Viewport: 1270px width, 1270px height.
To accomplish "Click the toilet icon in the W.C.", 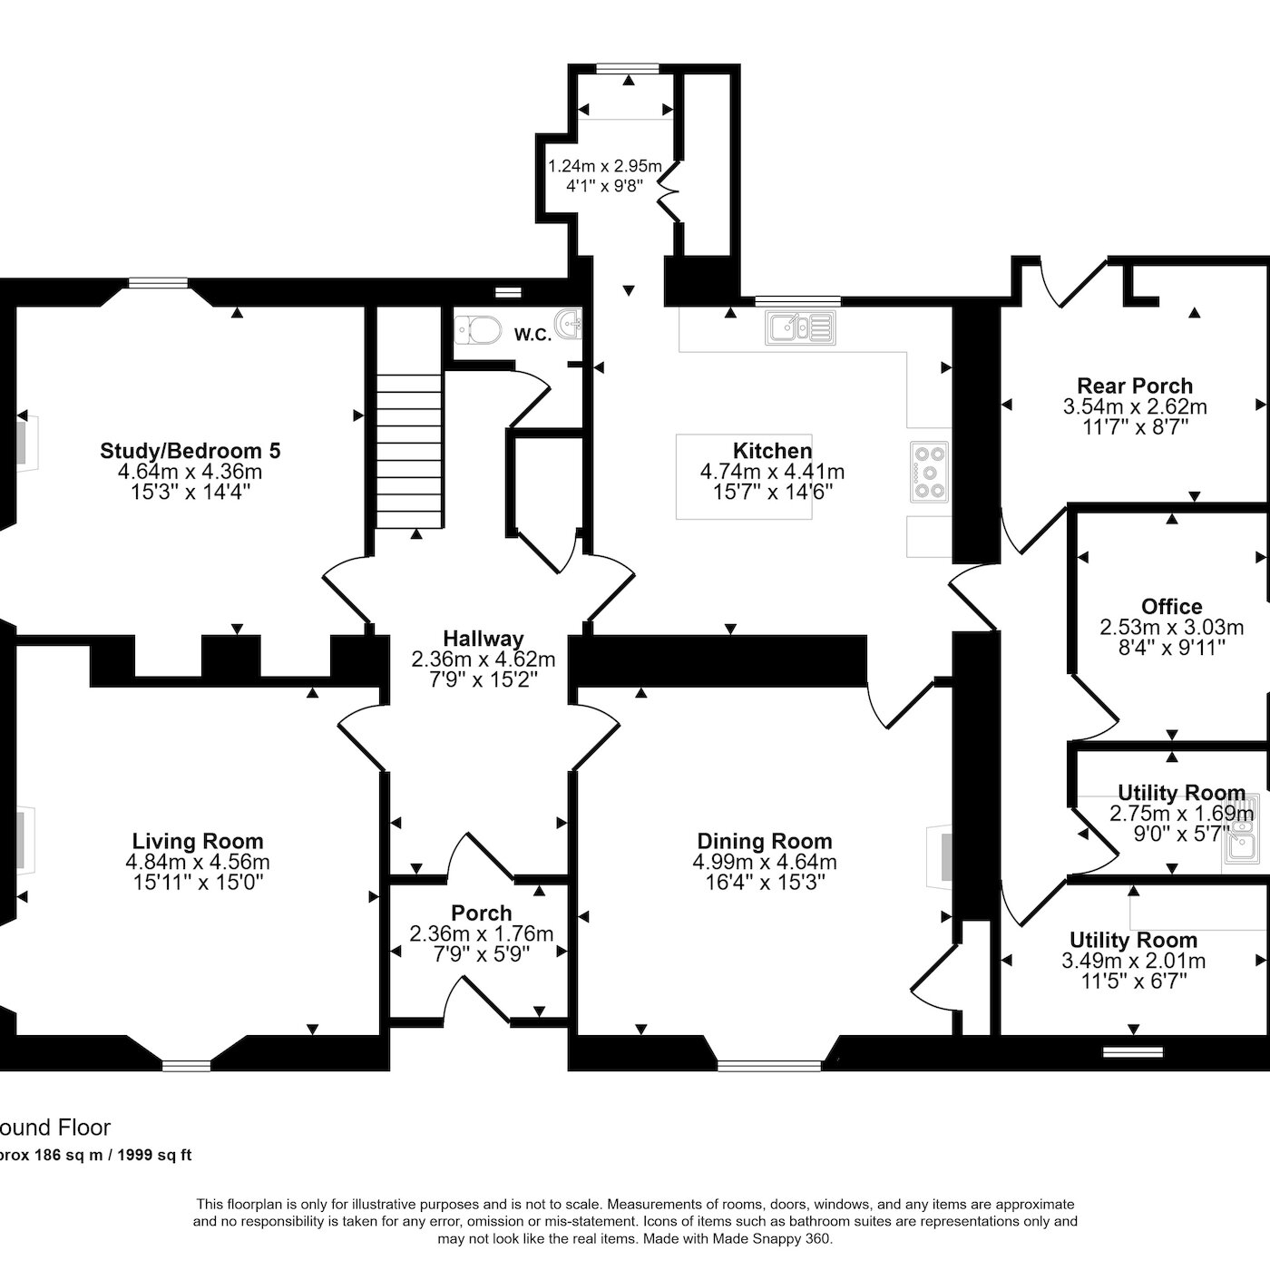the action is (478, 329).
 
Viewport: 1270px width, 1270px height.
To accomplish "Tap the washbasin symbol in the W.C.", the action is (570, 324).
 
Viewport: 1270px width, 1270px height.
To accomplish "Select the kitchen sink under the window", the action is (800, 327).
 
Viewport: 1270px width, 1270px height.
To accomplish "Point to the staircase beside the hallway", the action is (408, 452).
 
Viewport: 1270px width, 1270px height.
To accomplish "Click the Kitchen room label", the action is (772, 451).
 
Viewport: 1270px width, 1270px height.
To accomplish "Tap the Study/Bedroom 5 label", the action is (190, 451).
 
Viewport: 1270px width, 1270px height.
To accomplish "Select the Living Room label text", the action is (198, 841).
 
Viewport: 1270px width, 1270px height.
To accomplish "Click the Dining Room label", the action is (765, 841).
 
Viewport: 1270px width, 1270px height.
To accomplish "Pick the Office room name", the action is (1172, 606).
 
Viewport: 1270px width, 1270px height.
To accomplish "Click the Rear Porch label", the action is (1135, 385).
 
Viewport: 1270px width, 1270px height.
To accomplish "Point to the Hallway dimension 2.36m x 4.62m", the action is (484, 659).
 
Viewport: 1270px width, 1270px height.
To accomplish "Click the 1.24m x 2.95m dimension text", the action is (605, 166).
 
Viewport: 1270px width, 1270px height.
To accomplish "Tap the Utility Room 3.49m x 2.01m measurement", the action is (1134, 961).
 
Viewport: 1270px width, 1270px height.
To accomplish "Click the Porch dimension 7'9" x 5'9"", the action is (482, 953).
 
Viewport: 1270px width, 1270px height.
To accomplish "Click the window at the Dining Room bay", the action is (770, 1065).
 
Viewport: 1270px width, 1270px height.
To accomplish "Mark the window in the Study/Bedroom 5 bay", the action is (158, 283).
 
